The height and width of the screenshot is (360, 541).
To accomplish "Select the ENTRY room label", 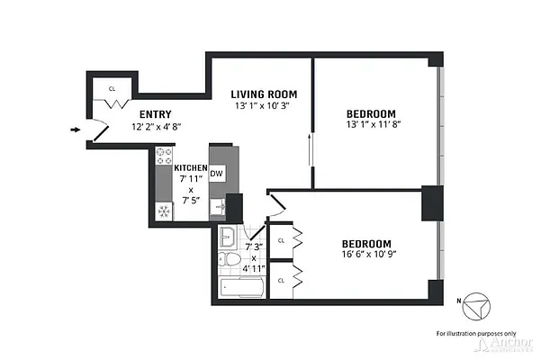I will coord(156,114).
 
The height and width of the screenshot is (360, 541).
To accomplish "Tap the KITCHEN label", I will coord(190,168).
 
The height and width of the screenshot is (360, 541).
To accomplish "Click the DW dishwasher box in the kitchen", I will coord(217,174).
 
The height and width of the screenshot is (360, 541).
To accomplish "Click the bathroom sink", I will coord(228,238).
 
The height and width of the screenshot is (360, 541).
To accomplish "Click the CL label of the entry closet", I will coord(112,89).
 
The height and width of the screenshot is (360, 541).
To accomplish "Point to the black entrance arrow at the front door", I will coord(75,130).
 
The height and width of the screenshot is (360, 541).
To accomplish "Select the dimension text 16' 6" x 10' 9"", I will coord(365,258).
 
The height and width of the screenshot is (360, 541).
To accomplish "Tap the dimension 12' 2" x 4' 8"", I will coord(156,128).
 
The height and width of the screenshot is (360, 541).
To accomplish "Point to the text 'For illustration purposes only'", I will coord(476,333).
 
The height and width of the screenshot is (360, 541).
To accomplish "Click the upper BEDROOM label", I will coord(371,113).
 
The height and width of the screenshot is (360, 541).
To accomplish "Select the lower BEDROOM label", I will coord(365,244).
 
